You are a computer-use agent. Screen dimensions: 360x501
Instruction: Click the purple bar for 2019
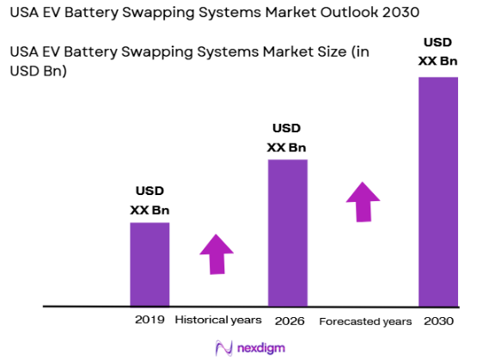coord(150,264)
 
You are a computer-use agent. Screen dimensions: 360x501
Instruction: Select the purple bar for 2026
coord(288,232)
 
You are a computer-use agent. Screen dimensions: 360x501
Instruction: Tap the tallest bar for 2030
coord(438,191)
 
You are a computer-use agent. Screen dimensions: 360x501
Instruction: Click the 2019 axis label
coord(149,320)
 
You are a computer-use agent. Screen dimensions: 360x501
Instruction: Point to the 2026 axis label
coord(288,320)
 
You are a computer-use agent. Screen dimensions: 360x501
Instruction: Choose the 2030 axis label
coord(438,320)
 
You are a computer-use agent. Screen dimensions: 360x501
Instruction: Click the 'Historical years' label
coord(218,320)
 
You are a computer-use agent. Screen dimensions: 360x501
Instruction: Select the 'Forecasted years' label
coord(365,320)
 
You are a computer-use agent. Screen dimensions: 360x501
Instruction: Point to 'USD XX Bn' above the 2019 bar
coord(150,199)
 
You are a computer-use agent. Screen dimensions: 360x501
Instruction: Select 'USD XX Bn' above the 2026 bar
coord(287,137)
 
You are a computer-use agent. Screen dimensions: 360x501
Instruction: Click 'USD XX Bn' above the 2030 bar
coord(437,52)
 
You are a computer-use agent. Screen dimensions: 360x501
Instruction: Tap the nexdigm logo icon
coord(224,347)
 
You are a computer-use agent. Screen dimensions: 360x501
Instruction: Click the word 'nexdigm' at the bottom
coord(261,347)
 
